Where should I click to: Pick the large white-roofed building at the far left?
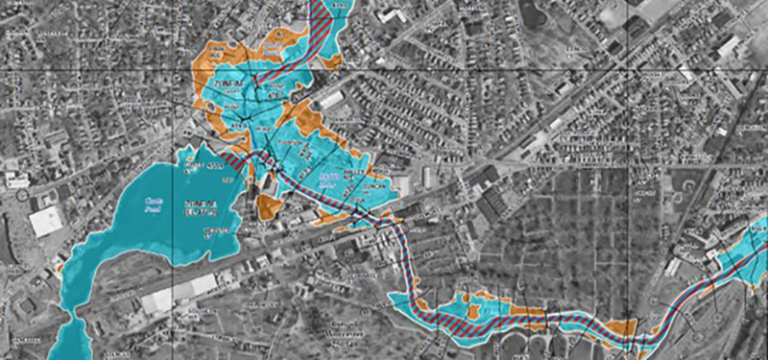[x=44, y=222]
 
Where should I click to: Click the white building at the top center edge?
[x=391, y=14]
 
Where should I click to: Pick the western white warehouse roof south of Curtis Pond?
[x=158, y=300]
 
